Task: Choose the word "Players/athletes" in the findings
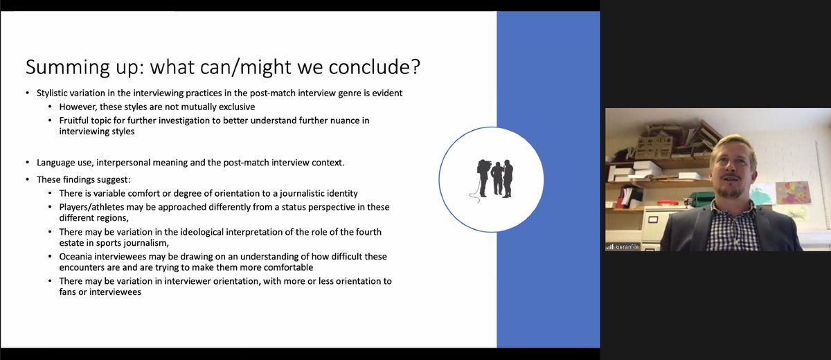point(91,207)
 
